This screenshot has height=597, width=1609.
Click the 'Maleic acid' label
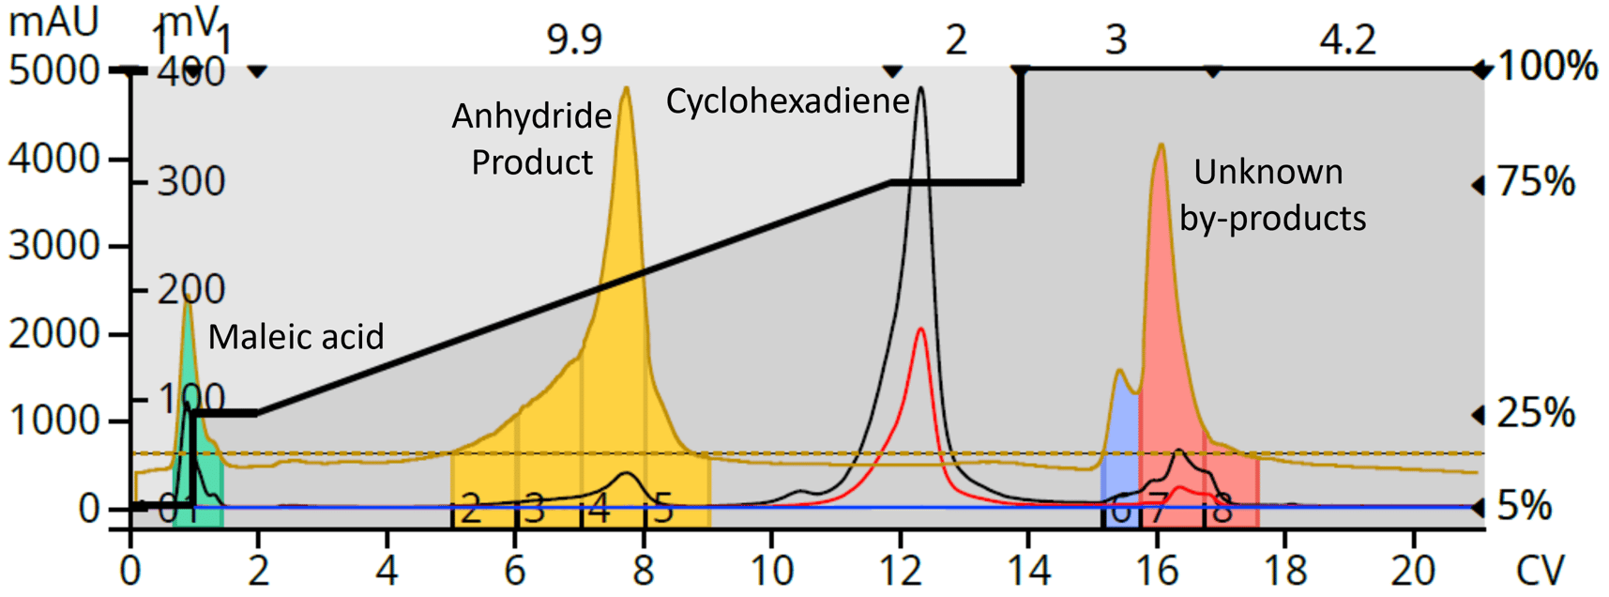[296, 336]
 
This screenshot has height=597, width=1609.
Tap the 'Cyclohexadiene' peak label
[787, 101]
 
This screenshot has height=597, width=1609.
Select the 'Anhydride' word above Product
[531, 116]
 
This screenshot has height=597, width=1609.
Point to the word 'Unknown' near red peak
[1267, 172]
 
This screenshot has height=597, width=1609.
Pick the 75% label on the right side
[1536, 182]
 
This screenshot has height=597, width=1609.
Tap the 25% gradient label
[1536, 413]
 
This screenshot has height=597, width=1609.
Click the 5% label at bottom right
[1525, 507]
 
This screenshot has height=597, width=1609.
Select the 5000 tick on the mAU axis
[53, 71]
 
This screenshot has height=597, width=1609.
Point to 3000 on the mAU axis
[53, 246]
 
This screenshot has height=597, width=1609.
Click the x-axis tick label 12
[899, 571]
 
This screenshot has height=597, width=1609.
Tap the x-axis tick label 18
[1284, 571]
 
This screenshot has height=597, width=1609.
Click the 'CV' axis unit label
[1540, 571]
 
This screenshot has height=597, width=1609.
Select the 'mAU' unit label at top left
[53, 22]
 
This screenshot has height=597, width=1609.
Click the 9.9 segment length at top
[574, 40]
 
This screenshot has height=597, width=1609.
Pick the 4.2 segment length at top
[1347, 40]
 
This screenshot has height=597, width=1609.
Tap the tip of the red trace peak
[921, 329]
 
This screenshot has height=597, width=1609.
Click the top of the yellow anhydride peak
[626, 89]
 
